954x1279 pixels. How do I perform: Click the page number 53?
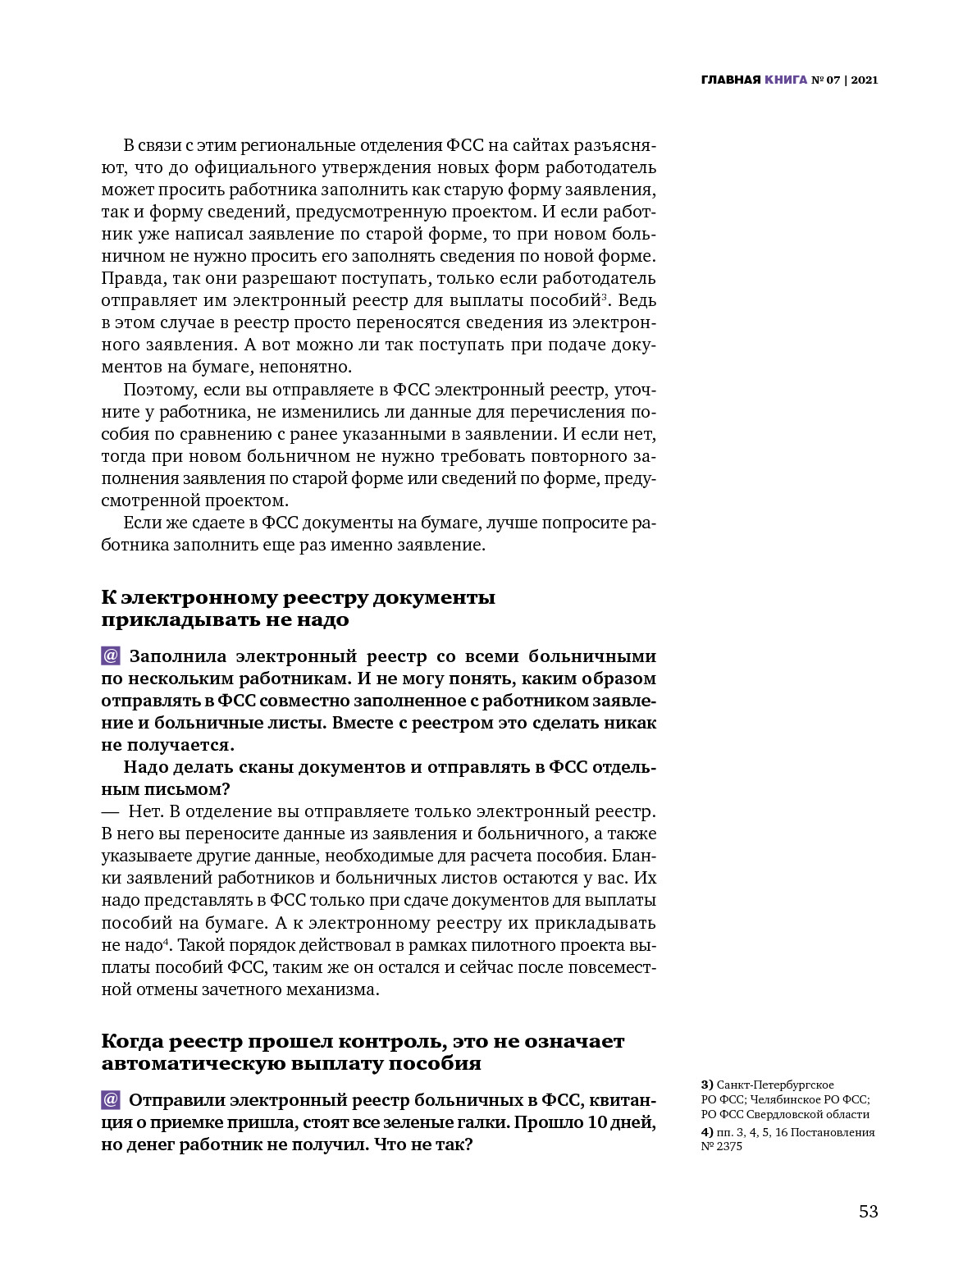868,1211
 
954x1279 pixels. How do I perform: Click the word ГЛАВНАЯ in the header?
731,80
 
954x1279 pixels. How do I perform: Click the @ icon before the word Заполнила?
111,656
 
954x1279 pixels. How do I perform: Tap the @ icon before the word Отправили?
111,1099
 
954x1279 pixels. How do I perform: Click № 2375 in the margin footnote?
721,1146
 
